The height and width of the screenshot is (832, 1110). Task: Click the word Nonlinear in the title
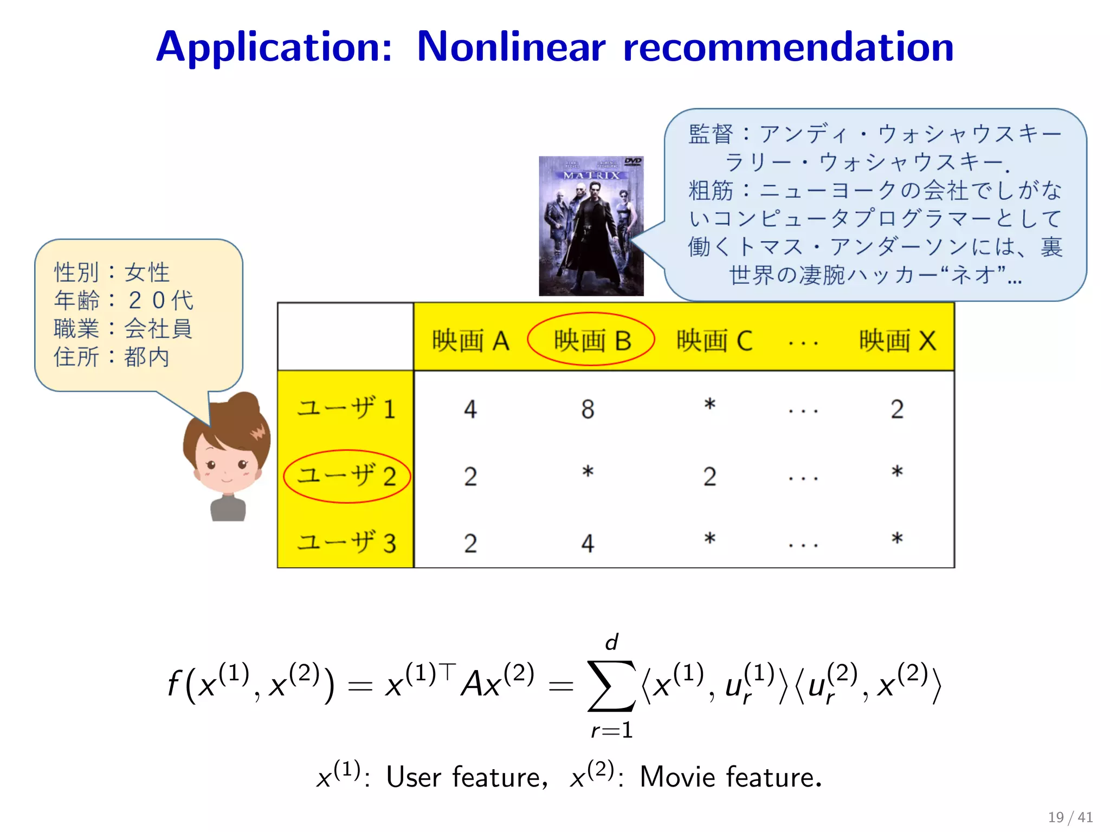pos(511,47)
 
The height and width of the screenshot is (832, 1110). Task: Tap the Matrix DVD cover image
pos(591,226)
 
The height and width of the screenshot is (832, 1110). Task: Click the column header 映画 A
pos(470,341)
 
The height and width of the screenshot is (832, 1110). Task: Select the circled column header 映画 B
pos(592,341)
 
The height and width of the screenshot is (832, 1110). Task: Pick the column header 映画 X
pos(898,341)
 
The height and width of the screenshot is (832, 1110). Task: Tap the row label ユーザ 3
pos(346,542)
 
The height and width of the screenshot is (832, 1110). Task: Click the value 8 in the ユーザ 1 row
pos(588,409)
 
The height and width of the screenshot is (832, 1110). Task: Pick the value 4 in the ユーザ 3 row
pos(588,543)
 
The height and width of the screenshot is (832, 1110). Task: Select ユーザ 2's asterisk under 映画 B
pos(588,472)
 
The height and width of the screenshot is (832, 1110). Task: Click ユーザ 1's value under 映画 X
pos(897,409)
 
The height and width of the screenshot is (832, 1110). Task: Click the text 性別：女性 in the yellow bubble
pos(112,272)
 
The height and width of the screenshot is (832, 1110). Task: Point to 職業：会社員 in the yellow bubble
pos(123,328)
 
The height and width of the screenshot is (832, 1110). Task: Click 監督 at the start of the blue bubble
pos(711,134)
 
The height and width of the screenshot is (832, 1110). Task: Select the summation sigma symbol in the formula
pos(611,685)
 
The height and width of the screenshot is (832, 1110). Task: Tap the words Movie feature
pos(730,777)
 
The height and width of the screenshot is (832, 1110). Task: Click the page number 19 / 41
pos(1070,817)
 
